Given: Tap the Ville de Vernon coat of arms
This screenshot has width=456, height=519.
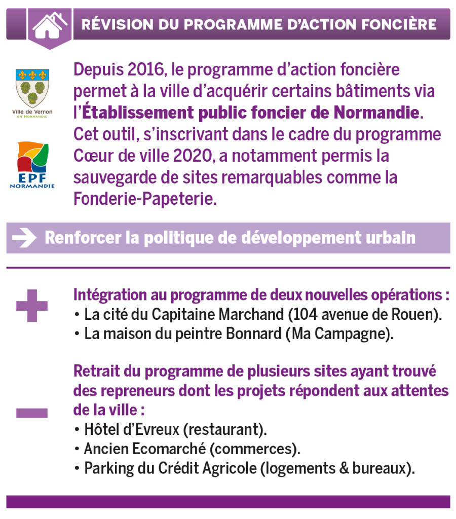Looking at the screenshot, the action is [32, 87].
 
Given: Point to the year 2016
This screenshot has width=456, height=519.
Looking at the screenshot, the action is [139, 69].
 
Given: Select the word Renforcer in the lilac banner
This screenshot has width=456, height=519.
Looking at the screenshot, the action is [78, 238].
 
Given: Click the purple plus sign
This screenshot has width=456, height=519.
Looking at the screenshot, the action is [32, 306].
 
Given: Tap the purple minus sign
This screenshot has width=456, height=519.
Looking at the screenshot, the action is [32, 413].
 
